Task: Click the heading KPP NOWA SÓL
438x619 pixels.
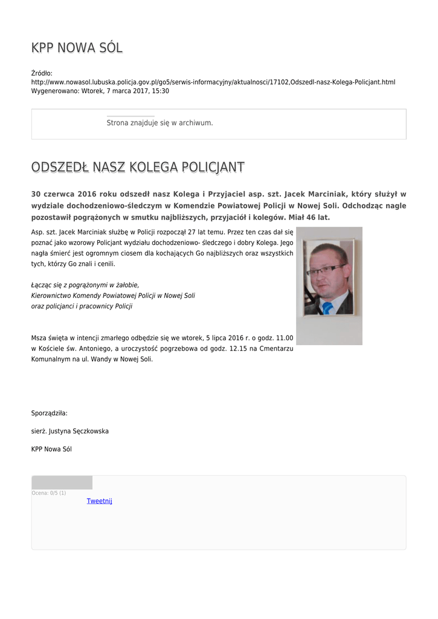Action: (x=77, y=48)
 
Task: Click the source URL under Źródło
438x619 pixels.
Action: (x=213, y=82)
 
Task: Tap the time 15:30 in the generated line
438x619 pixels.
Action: (x=161, y=91)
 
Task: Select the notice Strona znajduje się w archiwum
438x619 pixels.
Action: (x=159, y=123)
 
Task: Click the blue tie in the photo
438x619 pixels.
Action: (x=327, y=308)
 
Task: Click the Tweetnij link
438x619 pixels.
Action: (x=99, y=501)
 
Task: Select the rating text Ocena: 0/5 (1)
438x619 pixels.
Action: (x=49, y=493)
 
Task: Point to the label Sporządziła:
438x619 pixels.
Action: (x=50, y=413)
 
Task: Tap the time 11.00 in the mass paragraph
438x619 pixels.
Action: (x=285, y=337)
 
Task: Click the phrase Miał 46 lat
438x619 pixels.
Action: (x=309, y=217)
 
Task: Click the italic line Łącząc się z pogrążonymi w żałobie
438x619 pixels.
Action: (x=85, y=285)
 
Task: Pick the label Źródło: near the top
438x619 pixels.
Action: (x=42, y=73)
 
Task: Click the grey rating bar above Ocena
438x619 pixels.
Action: (x=62, y=482)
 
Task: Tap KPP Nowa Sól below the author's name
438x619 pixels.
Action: (x=51, y=449)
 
